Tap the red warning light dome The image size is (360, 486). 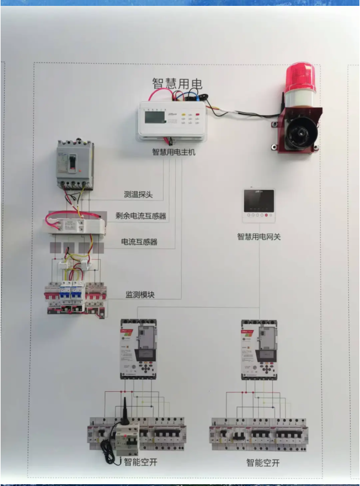(300, 77)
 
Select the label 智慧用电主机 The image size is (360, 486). (174, 152)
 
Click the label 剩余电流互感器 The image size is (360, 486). (141, 217)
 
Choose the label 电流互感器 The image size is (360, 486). (139, 242)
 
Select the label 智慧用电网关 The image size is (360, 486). (259, 237)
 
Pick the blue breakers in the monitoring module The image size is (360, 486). (71, 292)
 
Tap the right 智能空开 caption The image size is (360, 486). (263, 462)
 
